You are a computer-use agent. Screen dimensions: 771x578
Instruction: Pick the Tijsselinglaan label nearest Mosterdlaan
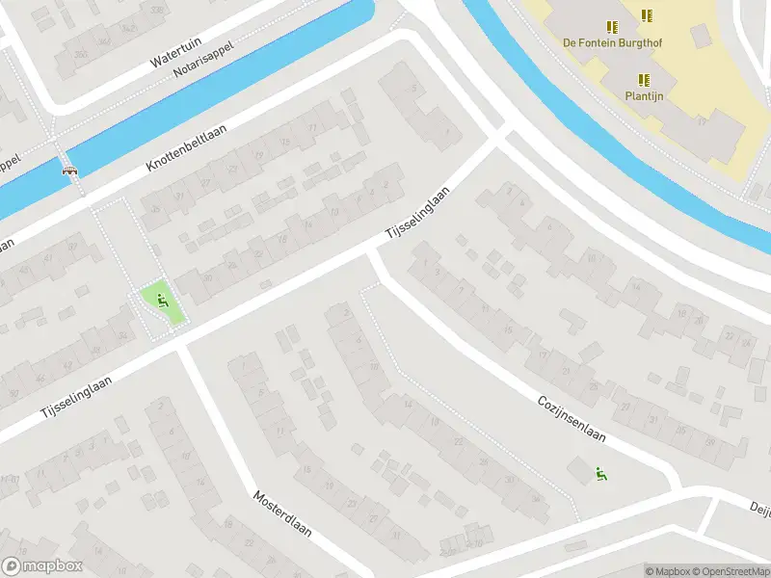point(76,396)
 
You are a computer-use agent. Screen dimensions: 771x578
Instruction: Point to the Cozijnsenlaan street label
point(572,417)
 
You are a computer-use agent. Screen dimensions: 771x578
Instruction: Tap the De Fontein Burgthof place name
point(612,42)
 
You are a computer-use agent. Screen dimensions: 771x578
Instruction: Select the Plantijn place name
point(644,96)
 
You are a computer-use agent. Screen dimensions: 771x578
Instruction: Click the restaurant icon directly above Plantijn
point(644,80)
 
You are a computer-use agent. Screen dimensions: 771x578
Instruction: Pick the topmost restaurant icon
point(647,14)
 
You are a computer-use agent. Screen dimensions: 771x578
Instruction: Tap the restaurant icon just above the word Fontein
point(611,27)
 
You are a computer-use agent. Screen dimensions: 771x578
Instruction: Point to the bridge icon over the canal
point(69,171)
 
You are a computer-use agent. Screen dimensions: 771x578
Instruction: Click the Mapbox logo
point(42,566)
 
